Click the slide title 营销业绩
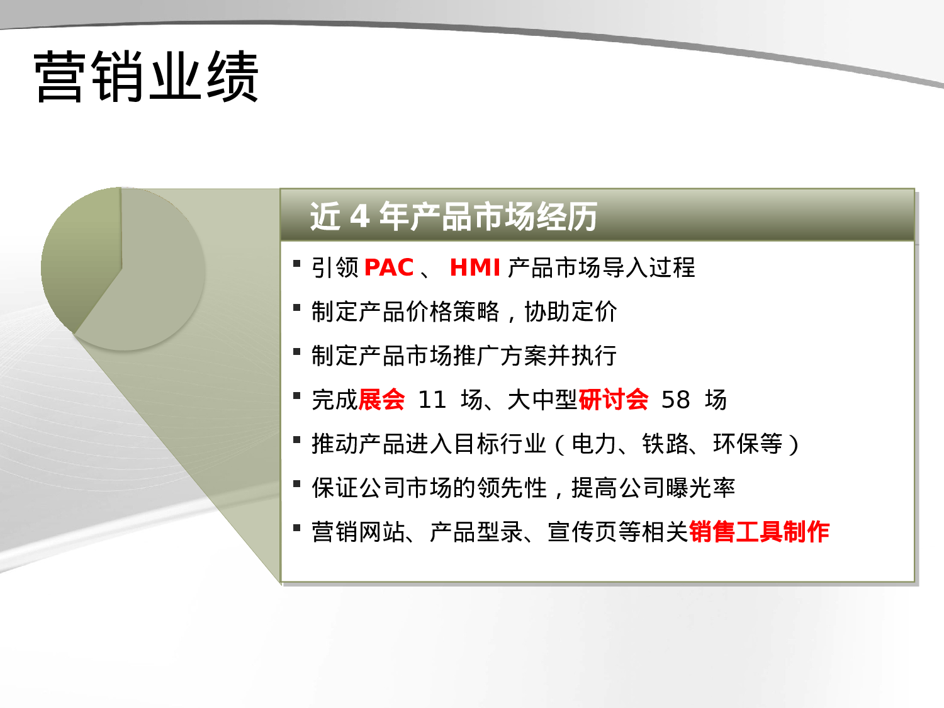pyautogui.click(x=146, y=77)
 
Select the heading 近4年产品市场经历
pyautogui.click(x=453, y=216)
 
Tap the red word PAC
pyautogui.click(x=388, y=267)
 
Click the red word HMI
pyautogui.click(x=475, y=267)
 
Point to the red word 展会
pyautogui.click(x=381, y=400)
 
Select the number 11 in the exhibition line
pyautogui.click(x=432, y=400)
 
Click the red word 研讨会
pyautogui.click(x=613, y=400)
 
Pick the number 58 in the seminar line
pyautogui.click(x=675, y=400)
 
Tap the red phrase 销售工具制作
pyautogui.click(x=759, y=532)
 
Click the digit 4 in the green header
pyautogui.click(x=359, y=216)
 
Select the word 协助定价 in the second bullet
pyautogui.click(x=571, y=312)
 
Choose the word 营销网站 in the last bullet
pyautogui.click(x=358, y=532)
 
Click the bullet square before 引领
pyautogui.click(x=297, y=264)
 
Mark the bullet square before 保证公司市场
pyautogui.click(x=297, y=484)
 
